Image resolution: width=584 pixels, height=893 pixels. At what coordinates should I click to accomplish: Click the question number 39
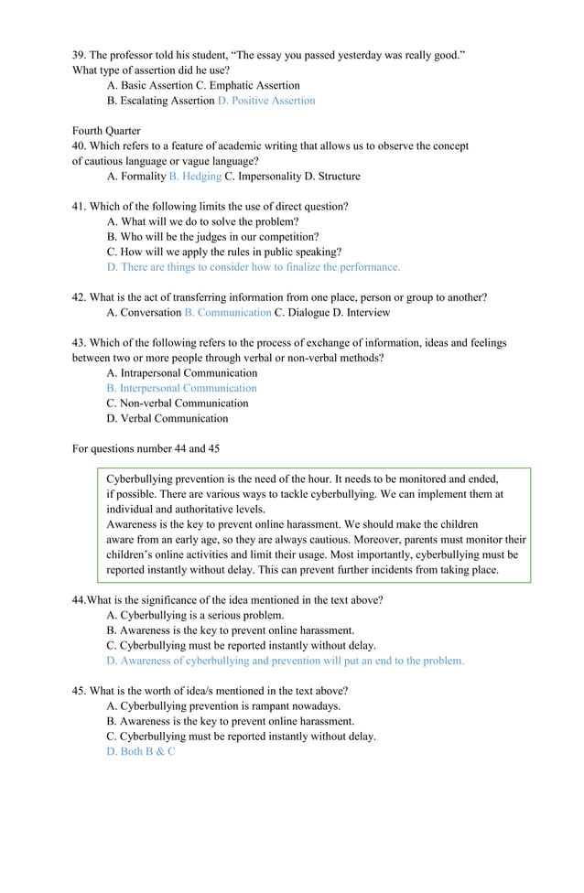[x=79, y=55]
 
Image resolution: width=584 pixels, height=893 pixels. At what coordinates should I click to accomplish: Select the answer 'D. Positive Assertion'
[x=266, y=101]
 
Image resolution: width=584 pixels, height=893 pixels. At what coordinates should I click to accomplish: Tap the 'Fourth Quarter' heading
[x=106, y=131]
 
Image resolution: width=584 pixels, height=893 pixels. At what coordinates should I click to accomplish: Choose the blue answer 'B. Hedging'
[x=195, y=177]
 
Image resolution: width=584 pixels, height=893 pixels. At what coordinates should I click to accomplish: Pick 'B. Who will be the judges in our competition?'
[x=212, y=237]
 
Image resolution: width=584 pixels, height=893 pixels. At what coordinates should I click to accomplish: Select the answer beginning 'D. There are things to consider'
[x=254, y=267]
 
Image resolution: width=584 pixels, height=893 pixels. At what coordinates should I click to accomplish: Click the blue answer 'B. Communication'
[x=228, y=313]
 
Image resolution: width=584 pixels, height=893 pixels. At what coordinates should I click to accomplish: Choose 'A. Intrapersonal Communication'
[x=182, y=373]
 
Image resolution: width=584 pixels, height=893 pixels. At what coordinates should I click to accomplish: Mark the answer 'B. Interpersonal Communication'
[x=181, y=388]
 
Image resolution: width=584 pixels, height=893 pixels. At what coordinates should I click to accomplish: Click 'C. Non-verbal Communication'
[x=178, y=403]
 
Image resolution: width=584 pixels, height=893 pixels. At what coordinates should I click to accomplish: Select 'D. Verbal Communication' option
[x=168, y=419]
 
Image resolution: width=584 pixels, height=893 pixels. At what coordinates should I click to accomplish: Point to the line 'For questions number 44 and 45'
[x=146, y=449]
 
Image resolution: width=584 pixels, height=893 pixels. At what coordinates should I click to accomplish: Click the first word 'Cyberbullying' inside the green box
[x=140, y=479]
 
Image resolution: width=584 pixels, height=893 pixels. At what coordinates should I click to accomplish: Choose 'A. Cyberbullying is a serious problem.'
[x=195, y=616]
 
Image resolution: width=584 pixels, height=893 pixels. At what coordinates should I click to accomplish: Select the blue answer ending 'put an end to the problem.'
[x=286, y=661]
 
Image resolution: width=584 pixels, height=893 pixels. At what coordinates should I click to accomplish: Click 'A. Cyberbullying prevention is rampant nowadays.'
[x=223, y=706]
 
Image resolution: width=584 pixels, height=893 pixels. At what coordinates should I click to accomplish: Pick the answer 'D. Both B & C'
[x=141, y=751]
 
